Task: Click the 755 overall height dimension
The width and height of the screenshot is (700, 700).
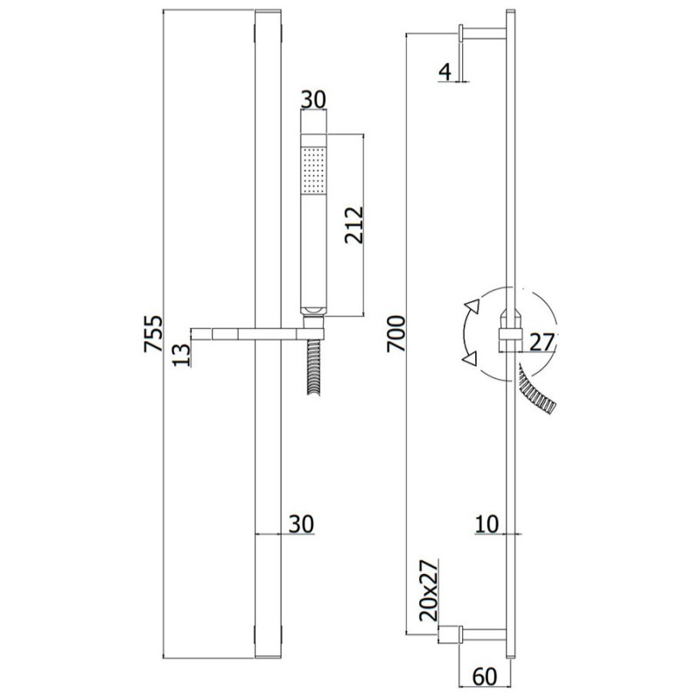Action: [x=153, y=333]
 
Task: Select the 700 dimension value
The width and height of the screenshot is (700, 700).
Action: [x=396, y=333]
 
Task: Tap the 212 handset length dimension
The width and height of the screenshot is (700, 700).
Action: [x=354, y=225]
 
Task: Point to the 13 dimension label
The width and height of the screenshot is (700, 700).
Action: [x=182, y=355]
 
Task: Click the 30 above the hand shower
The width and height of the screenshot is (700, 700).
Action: [x=313, y=100]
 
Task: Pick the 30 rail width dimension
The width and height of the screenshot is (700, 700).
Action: [x=301, y=523]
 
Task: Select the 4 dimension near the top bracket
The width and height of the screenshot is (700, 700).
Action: [x=445, y=72]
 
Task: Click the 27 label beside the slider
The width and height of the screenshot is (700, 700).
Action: [x=542, y=342]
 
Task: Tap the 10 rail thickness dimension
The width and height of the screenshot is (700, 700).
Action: [x=486, y=523]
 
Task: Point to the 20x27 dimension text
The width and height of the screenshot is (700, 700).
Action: [x=430, y=590]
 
